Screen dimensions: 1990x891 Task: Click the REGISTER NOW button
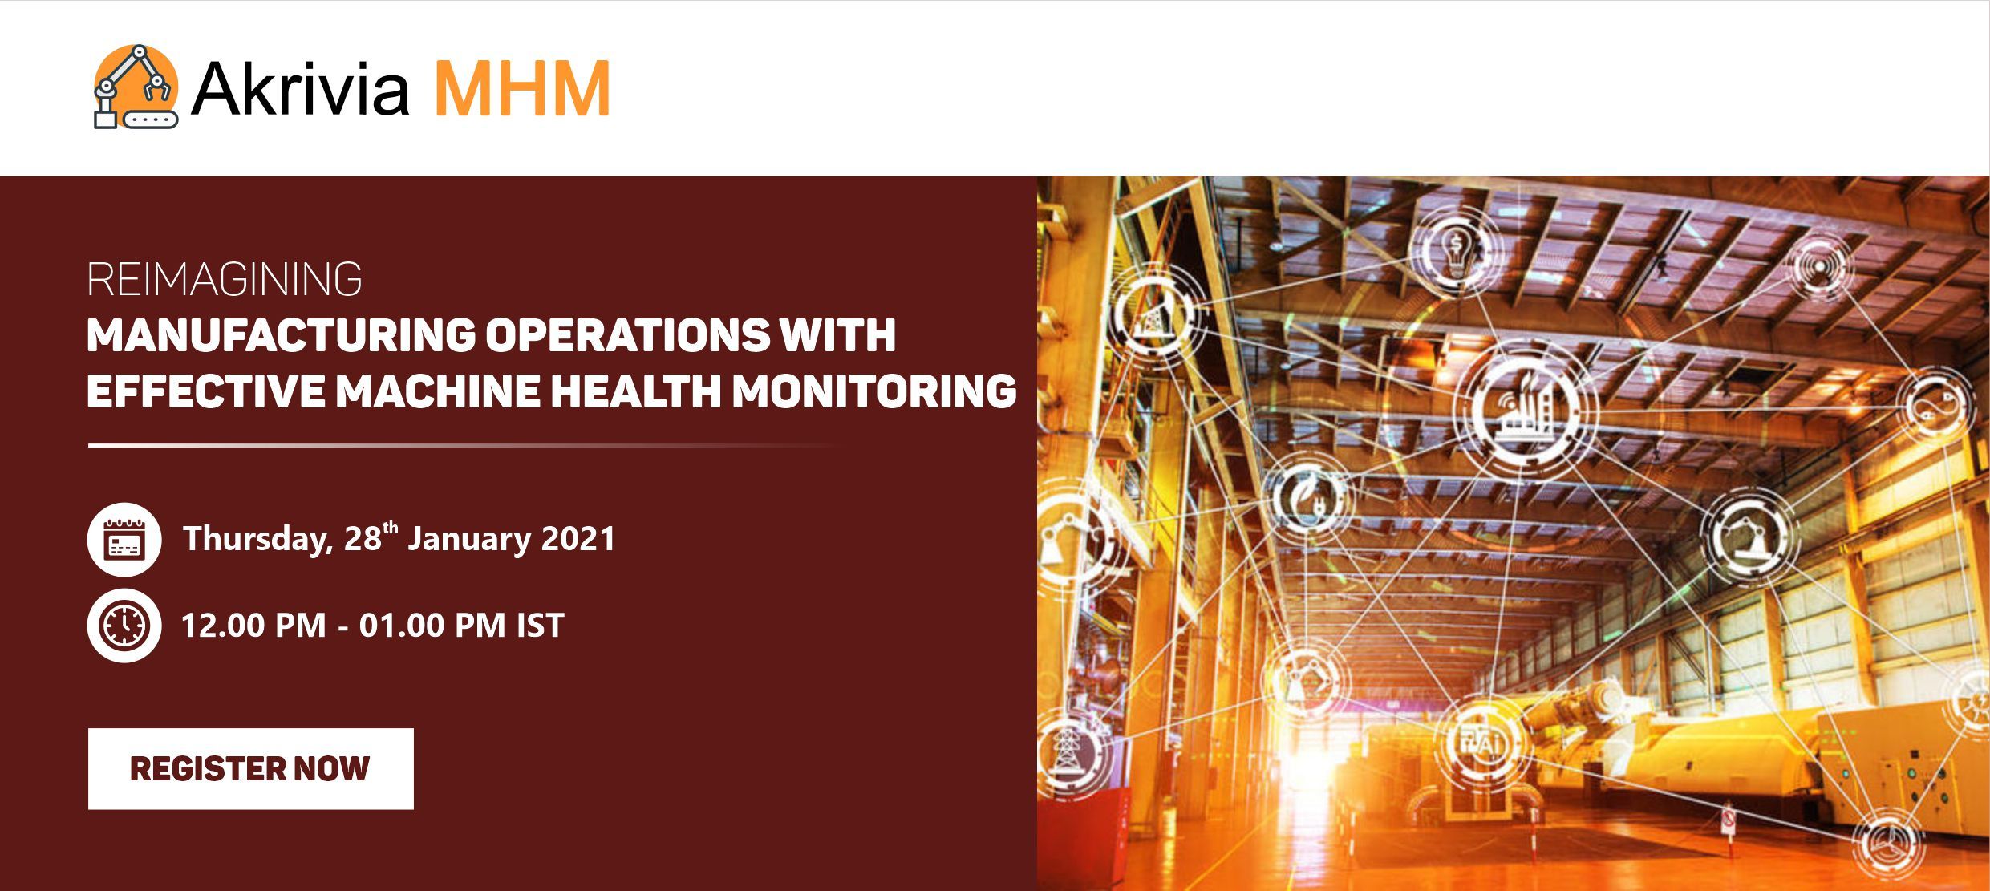click(250, 768)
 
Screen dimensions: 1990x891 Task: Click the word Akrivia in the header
click(300, 87)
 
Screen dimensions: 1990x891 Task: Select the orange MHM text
click(522, 87)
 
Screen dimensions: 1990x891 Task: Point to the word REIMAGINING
click(225, 280)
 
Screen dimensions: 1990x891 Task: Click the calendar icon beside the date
click(124, 539)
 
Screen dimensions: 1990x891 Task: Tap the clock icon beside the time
click(124, 625)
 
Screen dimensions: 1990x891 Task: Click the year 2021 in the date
click(578, 538)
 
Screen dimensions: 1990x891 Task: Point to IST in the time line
click(540, 626)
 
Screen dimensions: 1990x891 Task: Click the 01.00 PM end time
click(432, 626)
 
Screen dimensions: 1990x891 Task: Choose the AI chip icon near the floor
click(1482, 742)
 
